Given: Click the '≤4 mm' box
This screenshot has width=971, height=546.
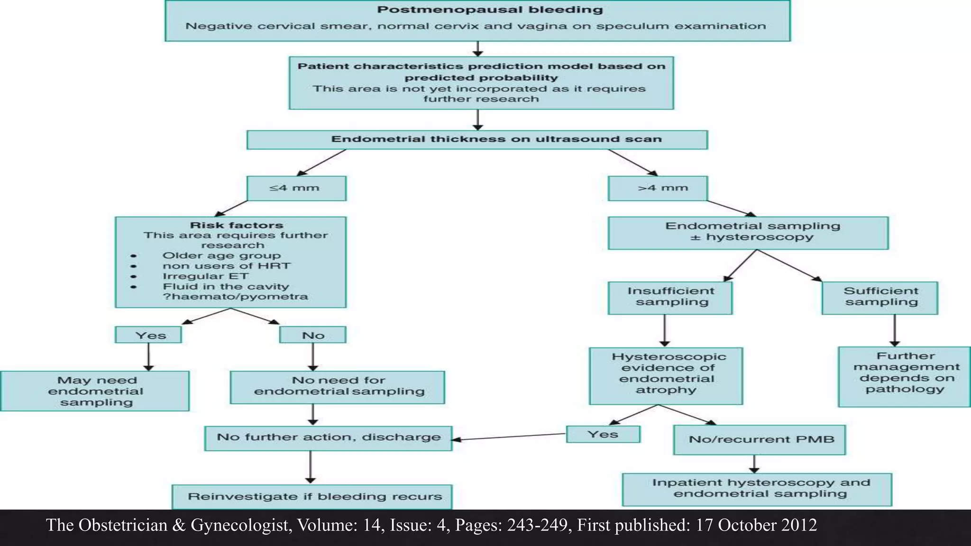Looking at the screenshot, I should pos(296,188).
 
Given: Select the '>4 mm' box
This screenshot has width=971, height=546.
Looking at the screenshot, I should pos(658,188).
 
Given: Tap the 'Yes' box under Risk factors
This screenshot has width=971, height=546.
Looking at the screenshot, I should pos(148,335).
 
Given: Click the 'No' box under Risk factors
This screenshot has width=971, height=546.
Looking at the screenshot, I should pos(313,335).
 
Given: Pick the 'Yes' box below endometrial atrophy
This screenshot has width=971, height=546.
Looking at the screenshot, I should pos(603,434).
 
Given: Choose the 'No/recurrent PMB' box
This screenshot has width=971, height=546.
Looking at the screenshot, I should pos(759,440).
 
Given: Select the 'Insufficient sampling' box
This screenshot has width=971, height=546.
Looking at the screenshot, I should pos(670,298).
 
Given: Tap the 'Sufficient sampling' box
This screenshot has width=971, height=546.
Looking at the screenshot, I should pos(880,298).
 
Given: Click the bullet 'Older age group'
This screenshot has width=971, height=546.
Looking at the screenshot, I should pos(221,255).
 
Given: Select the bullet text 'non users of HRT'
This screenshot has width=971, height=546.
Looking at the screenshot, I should pos(226,266).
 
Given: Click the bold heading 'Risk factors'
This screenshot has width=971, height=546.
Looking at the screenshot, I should pos(236,225).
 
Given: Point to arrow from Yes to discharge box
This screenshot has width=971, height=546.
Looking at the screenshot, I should pos(507,437).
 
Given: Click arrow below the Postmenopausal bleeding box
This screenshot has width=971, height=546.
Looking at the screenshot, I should pos(478,48).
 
